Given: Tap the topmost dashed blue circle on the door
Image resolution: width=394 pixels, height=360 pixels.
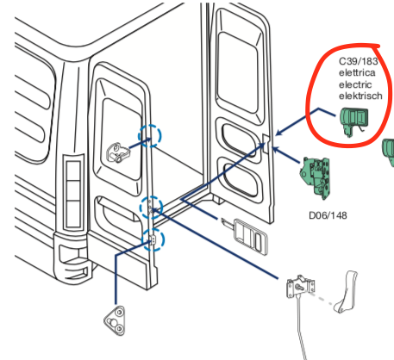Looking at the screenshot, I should click(149, 134).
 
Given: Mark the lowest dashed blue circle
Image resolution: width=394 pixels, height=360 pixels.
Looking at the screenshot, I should click(153, 240).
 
